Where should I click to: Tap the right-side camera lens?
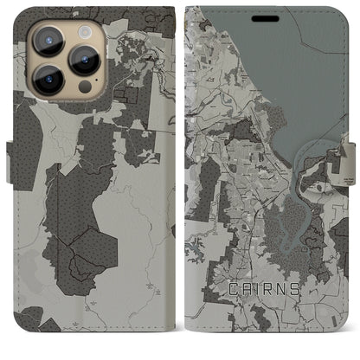84,60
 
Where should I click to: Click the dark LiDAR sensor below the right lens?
85,87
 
